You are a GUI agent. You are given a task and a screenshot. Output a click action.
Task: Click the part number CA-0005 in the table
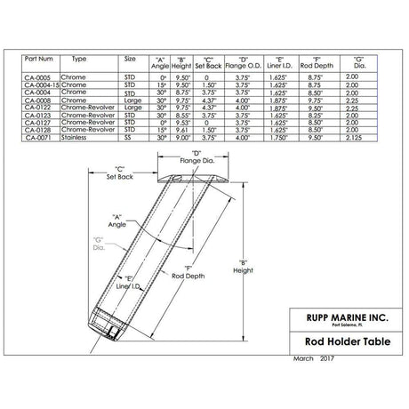[x=39, y=77]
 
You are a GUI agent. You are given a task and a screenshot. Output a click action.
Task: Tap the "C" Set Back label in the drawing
[x=117, y=173]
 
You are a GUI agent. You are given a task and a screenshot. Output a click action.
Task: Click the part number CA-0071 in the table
[x=39, y=139]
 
